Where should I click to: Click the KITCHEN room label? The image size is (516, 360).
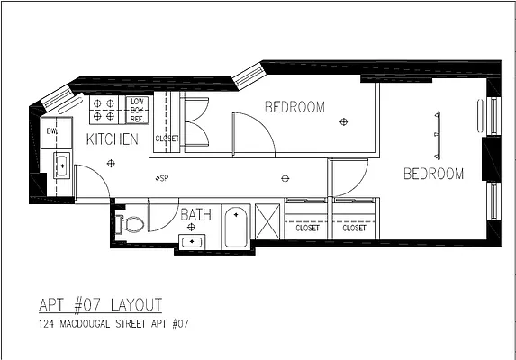coord(112,139)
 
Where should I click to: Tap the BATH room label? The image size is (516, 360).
coord(195,214)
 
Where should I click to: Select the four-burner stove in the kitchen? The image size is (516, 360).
coord(104,110)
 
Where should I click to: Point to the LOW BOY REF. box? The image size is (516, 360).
coord(137,109)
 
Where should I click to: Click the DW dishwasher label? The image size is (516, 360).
coord(52,131)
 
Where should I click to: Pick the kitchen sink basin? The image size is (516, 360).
coord(61,164)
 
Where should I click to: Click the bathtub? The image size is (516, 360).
coord(236,227)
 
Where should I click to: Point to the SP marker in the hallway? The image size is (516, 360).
coord(163,178)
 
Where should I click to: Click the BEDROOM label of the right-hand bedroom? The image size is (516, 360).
coord(433,174)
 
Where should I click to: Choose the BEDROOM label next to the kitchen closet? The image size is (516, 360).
coord(294,108)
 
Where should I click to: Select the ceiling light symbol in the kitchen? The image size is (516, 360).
coord(110,163)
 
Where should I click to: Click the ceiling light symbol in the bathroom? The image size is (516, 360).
coord(190,228)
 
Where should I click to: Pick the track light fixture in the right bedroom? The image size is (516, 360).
coord(438,135)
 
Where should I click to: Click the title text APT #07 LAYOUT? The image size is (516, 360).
coord(101,303)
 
